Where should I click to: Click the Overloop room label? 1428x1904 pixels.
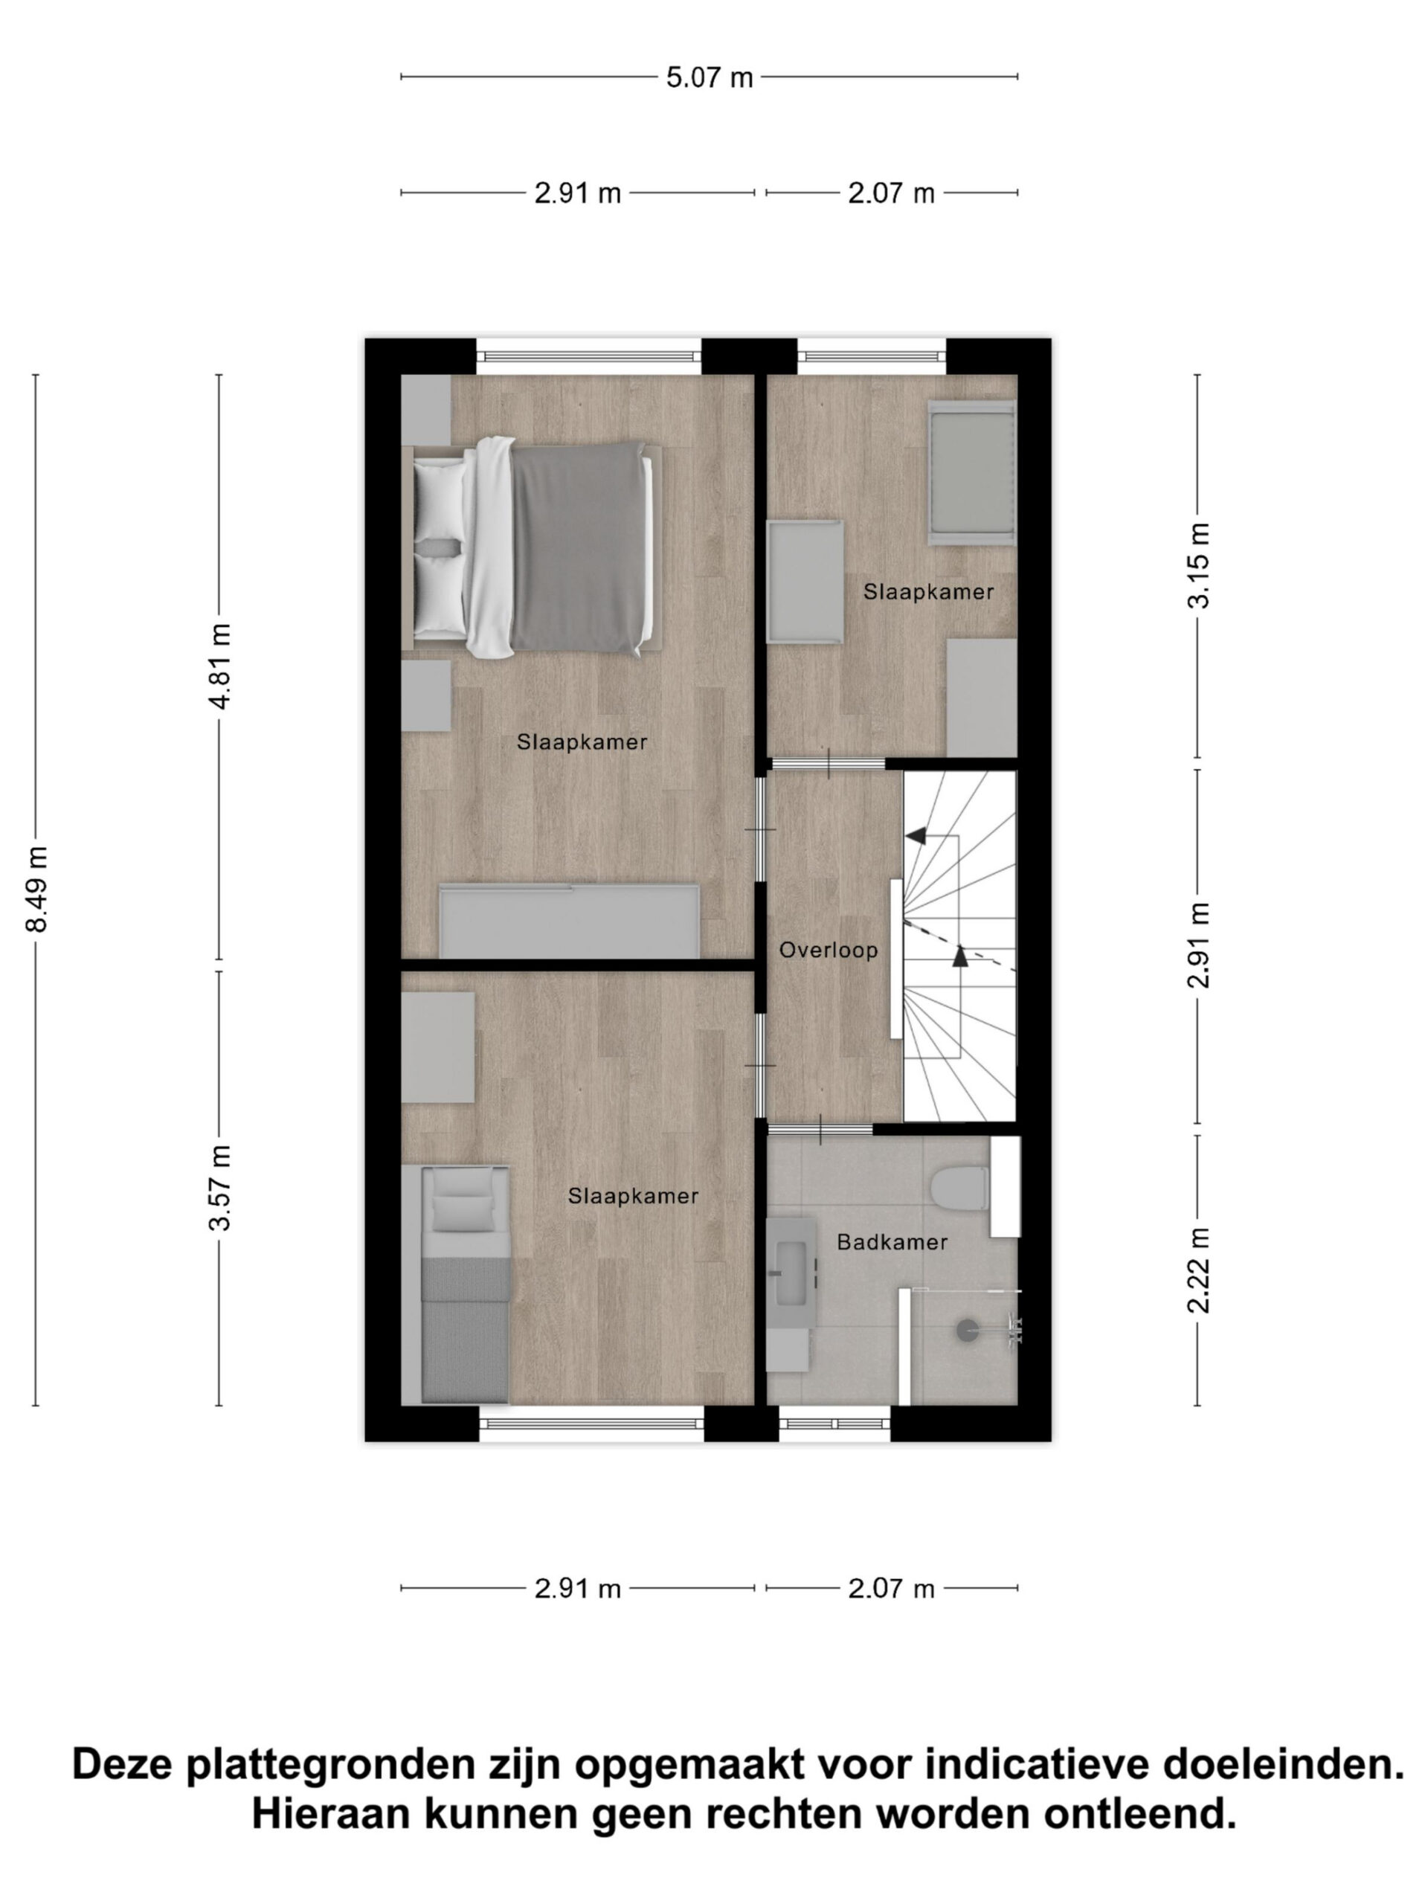click(827, 951)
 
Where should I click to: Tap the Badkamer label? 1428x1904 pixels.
click(892, 1242)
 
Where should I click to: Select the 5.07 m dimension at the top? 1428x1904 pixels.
click(710, 77)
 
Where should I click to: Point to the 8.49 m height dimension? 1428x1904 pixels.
click(36, 890)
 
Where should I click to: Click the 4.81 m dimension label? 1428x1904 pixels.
click(219, 666)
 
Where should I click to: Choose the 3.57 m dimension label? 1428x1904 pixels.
click(219, 1187)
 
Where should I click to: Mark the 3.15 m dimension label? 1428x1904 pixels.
click(1198, 565)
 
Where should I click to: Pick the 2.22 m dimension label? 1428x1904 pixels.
click(1198, 1270)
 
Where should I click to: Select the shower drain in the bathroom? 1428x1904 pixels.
click(968, 1330)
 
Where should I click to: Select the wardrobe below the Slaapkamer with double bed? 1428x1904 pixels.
click(569, 921)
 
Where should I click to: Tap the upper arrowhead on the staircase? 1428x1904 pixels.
click(914, 835)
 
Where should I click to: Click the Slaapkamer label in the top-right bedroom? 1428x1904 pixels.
click(929, 592)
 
